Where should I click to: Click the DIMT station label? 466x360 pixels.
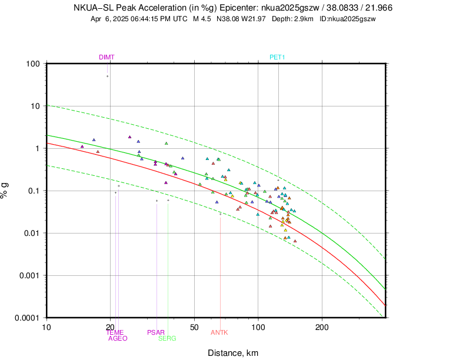[x=106, y=57]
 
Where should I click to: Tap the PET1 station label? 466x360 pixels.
[x=277, y=57]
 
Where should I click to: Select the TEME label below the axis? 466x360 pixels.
[x=115, y=332]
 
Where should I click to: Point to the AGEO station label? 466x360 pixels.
[x=118, y=338]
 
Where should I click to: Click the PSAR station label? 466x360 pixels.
[x=156, y=332]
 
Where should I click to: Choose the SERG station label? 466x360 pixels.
[x=167, y=338]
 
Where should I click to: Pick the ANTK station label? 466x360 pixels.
[x=219, y=332]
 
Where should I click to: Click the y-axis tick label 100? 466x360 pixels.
[x=33, y=64]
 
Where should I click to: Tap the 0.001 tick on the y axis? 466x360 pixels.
[x=29, y=275]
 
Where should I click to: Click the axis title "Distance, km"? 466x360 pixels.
[x=233, y=353]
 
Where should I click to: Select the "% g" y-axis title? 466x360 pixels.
[x=8, y=190]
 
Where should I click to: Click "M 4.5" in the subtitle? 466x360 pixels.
[x=202, y=19]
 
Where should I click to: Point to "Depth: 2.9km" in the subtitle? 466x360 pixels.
[x=294, y=19]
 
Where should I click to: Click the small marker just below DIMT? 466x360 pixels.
[x=107, y=76]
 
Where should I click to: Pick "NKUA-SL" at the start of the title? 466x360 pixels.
[x=93, y=8]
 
